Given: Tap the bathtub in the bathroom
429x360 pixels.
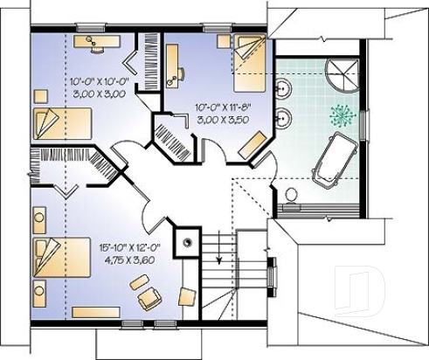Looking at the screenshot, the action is (335, 160).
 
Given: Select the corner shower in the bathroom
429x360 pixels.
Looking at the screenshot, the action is (342, 76).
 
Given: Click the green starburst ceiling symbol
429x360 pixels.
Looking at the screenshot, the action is (343, 115).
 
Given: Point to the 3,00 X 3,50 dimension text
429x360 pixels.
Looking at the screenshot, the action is (223, 120).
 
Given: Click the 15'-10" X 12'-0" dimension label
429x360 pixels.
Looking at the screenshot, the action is (130, 248).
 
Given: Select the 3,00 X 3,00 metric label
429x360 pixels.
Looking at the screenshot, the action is (100, 93).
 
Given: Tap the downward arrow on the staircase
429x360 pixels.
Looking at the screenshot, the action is (218, 247).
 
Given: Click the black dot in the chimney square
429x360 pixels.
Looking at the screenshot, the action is (187, 242).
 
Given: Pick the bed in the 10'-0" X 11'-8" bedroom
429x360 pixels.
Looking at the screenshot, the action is (250, 63).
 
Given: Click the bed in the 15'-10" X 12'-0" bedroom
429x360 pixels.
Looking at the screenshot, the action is (62, 257).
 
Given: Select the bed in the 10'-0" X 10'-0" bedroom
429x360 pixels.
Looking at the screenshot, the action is (63, 123).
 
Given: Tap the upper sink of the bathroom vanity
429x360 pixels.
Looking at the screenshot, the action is (283, 88).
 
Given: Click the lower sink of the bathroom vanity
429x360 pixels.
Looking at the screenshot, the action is (283, 118).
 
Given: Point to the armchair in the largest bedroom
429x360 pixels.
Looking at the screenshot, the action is (150, 298).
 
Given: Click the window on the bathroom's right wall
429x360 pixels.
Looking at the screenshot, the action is (364, 125).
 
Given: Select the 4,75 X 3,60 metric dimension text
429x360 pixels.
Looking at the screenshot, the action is (129, 260).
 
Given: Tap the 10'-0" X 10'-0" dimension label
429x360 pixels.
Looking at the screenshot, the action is (100, 81).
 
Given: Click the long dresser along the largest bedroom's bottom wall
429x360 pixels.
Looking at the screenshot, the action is (96, 312).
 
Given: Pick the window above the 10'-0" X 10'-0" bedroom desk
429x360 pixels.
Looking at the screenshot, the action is (90, 28).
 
